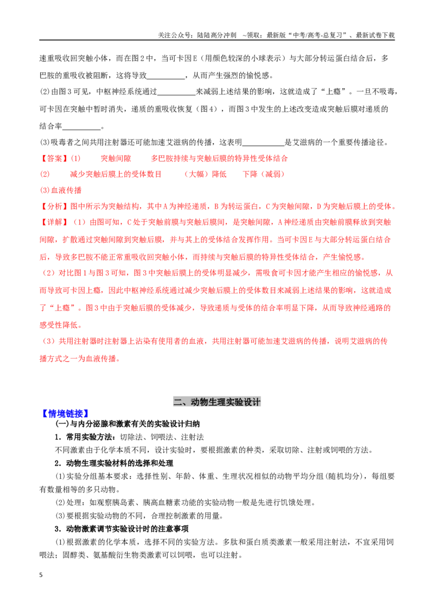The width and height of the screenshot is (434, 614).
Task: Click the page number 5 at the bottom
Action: [x=41, y=575]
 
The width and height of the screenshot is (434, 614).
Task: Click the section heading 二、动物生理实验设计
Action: [x=217, y=402]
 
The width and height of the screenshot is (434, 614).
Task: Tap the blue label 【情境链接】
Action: [x=65, y=413]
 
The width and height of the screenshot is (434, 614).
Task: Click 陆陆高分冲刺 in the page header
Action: [x=216, y=35]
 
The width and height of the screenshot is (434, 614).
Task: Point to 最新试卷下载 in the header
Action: [x=375, y=35]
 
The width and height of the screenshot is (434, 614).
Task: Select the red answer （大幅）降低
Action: [x=205, y=174]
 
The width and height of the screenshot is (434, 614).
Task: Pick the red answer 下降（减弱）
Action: [x=264, y=174]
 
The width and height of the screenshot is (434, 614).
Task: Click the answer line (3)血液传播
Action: [x=61, y=190]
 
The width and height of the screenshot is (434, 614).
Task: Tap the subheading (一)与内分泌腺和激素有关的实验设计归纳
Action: [x=127, y=424]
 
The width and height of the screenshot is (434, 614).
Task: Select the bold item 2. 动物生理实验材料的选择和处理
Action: [x=114, y=463]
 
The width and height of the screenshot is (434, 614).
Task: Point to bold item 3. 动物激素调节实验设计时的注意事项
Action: [x=122, y=529]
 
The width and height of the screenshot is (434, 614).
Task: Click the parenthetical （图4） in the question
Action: [x=208, y=109]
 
